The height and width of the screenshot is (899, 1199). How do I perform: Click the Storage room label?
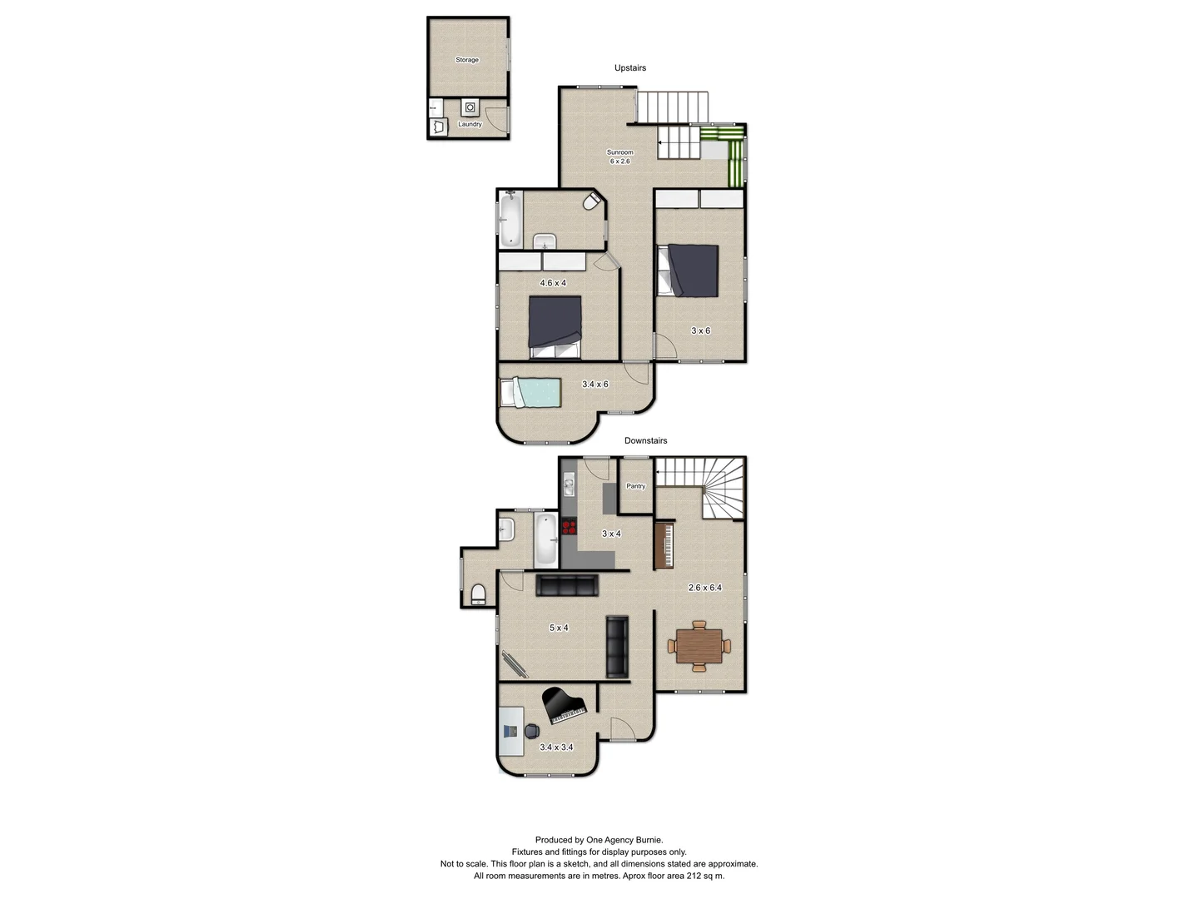click(x=467, y=60)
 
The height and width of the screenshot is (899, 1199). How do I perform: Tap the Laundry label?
click(x=470, y=124)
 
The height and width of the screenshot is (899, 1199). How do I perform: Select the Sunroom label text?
click(x=620, y=152)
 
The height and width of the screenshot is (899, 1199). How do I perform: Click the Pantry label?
click(x=636, y=486)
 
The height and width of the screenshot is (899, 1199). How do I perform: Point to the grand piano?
click(x=564, y=705)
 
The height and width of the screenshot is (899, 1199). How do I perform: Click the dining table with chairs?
click(x=699, y=646)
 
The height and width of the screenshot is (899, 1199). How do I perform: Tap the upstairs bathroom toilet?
click(x=591, y=202)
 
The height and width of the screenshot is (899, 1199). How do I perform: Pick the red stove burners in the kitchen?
click(x=569, y=526)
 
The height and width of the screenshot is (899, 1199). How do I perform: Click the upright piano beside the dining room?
click(x=664, y=545)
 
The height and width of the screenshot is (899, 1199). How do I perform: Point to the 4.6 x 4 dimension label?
click(x=553, y=283)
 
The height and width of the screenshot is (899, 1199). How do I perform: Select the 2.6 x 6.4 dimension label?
click(x=705, y=588)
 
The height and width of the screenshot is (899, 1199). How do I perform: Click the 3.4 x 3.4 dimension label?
click(x=556, y=748)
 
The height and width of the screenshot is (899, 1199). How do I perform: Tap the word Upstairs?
click(x=630, y=68)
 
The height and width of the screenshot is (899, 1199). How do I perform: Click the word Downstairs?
click(x=646, y=441)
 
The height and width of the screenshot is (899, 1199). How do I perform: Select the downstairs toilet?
click(x=478, y=594)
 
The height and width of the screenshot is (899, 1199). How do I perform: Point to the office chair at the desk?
click(x=531, y=731)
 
